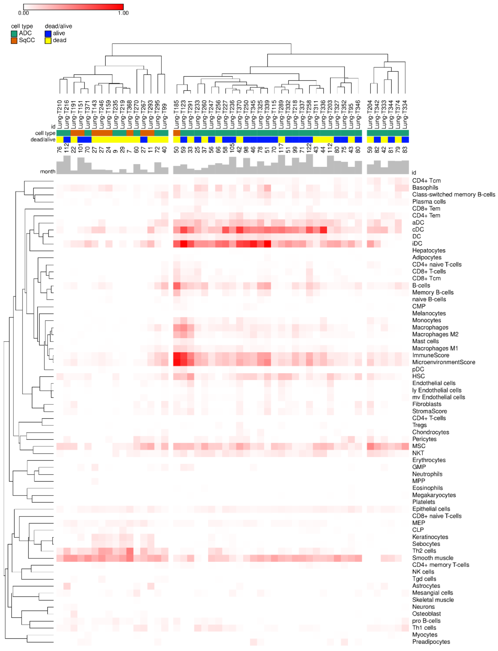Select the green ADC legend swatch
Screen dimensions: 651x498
tap(14, 33)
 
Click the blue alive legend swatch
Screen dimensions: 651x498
tap(48, 33)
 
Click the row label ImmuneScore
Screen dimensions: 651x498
tap(430, 355)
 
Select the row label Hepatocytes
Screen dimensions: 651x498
tap(429, 250)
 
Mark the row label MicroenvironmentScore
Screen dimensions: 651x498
tap(444, 362)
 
